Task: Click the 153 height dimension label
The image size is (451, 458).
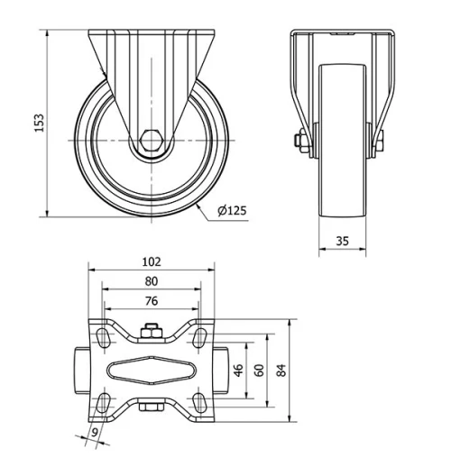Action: [39, 124]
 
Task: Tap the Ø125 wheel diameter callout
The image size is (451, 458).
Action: [232, 212]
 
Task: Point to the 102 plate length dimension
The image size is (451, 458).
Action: [152, 261]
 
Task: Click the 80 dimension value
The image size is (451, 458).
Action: [152, 281]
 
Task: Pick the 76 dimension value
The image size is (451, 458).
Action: [152, 300]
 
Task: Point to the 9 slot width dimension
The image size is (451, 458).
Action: [95, 434]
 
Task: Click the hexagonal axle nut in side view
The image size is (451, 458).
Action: [152, 142]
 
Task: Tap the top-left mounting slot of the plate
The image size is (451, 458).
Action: [105, 338]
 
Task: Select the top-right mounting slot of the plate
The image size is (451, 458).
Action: [198, 338]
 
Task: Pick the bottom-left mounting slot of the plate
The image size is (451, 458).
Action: [105, 400]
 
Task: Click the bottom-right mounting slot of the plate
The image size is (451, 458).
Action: [198, 400]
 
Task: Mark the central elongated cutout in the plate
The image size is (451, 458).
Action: [152, 370]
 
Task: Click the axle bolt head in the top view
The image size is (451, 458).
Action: [152, 334]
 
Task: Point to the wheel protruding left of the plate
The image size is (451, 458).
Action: [79, 370]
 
